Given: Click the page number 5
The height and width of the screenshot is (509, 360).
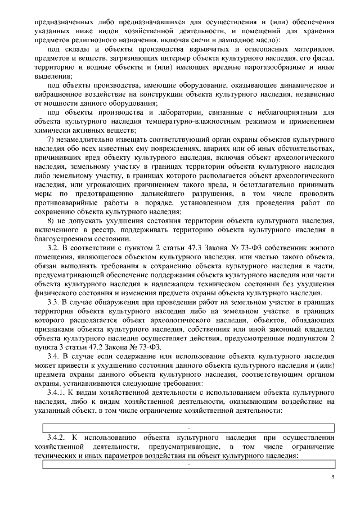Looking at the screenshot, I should pos(332,477).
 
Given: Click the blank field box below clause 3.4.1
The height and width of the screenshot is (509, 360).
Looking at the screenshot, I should pos(188,428).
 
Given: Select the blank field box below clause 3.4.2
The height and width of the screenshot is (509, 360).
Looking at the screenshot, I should pos(188,464).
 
